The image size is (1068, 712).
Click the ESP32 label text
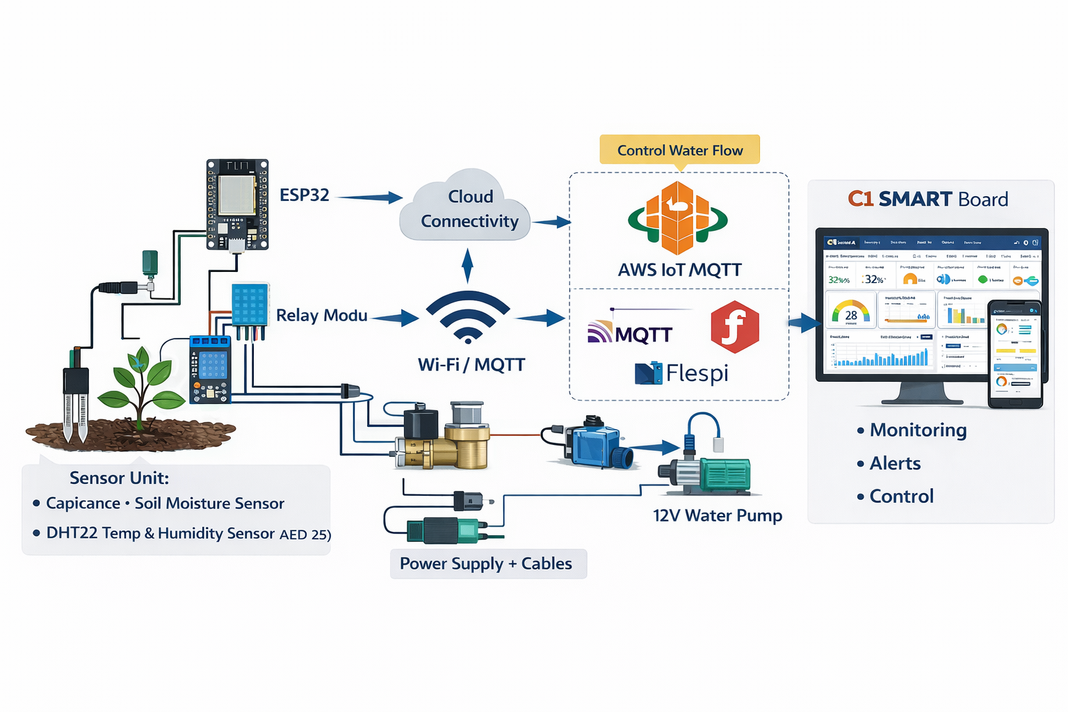304,195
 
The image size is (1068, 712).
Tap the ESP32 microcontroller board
237,204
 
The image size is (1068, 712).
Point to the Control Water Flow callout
679,150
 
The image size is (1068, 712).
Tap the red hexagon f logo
734,327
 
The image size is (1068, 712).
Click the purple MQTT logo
630,333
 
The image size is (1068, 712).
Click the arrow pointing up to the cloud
468,266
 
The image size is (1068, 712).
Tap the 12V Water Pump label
717,516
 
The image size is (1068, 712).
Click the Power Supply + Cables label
487,564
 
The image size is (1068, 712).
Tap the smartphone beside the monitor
1015,355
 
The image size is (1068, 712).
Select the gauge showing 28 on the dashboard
850,314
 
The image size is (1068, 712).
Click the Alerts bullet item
894,464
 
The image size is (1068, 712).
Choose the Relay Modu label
321,316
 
